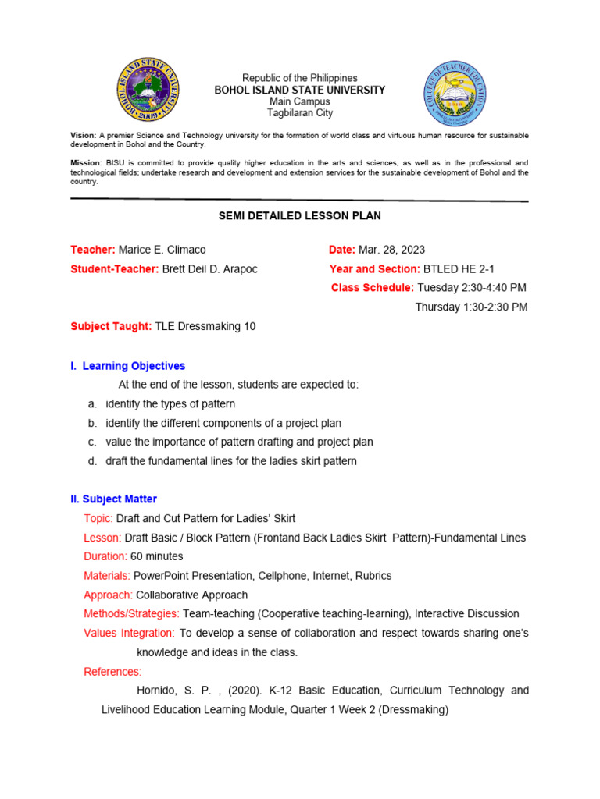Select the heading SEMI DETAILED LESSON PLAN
[x=299, y=215]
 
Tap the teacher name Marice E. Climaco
[x=162, y=250]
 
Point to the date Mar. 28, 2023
[x=392, y=250]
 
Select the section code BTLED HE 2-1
[x=458, y=269]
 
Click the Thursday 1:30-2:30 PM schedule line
[x=471, y=307]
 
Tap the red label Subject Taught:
[x=111, y=327]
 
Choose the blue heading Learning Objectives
[x=134, y=366]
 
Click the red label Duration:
[x=105, y=556]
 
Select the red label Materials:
[x=107, y=576]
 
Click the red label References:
[x=112, y=671]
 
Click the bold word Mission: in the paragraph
[x=86, y=162]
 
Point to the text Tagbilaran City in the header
[x=300, y=113]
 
